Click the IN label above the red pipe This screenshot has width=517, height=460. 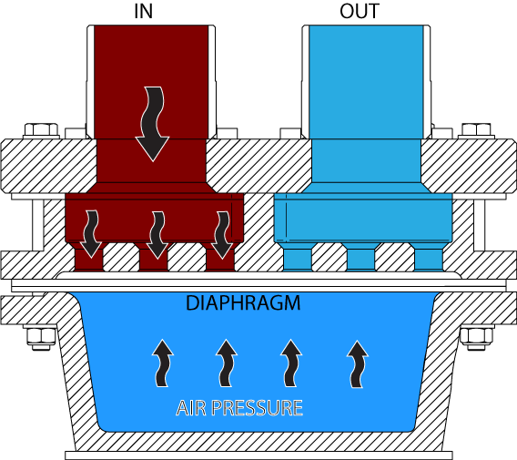tap(144, 11)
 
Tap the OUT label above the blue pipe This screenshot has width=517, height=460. tap(360, 11)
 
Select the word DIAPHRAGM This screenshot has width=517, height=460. tap(243, 303)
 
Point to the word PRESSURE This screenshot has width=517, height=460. tap(258, 408)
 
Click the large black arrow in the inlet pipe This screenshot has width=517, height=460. tap(153, 124)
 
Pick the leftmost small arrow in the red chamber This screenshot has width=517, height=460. tap(91, 233)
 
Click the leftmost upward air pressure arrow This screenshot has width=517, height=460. tap(162, 363)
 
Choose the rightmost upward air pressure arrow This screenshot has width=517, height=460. tap(357, 364)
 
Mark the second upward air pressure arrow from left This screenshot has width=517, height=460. tap(226, 363)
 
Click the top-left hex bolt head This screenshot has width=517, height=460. tap(41, 130)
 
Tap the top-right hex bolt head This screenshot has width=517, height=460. tap(476, 130)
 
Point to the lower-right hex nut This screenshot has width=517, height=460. tap(476, 337)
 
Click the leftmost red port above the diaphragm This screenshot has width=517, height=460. tap(89, 260)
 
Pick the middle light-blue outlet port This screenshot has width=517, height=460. tap(360, 260)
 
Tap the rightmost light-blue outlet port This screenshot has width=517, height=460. tap(429, 260)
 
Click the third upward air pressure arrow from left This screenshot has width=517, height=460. tap(291, 363)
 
